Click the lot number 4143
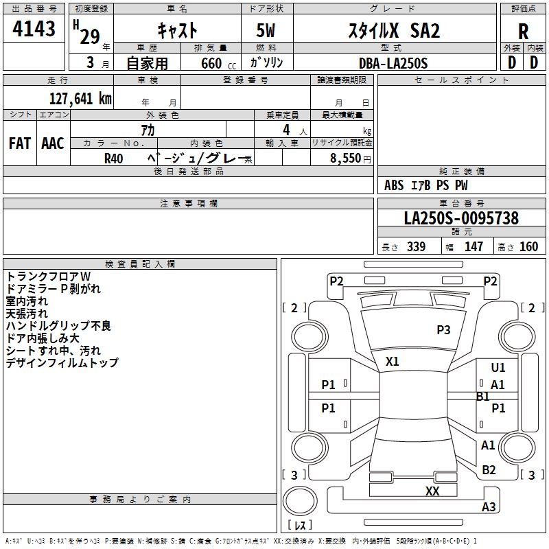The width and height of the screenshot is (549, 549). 34,29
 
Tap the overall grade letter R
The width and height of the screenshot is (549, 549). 523,32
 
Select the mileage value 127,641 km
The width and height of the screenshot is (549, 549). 80,99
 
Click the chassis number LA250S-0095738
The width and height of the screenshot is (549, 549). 461,218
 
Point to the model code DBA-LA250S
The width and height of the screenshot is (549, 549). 393,63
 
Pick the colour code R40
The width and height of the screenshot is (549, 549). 113,159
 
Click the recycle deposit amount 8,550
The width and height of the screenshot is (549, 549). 346,159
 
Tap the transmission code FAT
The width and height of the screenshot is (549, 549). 20,143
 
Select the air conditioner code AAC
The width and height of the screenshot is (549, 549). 53,143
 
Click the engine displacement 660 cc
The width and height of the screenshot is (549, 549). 218,64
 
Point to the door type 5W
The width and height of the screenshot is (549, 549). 266,30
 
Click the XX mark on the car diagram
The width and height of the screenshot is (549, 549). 432,491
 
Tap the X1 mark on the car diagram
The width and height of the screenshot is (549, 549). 392,362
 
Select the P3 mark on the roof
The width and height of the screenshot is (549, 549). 443,329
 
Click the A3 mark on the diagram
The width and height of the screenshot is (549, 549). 489,506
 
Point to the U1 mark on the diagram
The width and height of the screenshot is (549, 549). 498,367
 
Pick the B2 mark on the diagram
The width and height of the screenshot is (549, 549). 489,469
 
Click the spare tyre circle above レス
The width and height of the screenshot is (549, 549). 300,501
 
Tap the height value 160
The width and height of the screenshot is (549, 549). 528,246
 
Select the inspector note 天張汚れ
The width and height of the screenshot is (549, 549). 27,314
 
